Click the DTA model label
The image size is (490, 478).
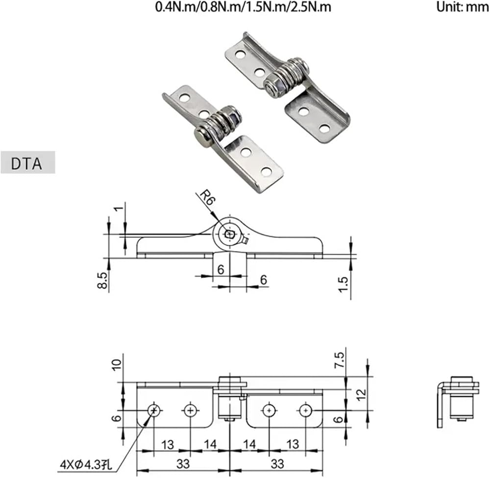(27, 163)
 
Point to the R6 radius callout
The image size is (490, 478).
(204, 199)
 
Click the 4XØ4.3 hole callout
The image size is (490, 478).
(86, 463)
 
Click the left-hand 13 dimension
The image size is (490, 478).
(168, 445)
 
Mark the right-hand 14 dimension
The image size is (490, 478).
(249, 445)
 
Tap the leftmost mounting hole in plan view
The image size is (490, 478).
(154, 409)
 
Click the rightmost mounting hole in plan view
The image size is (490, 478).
(306, 409)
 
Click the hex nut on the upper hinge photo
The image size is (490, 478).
(272, 84)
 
